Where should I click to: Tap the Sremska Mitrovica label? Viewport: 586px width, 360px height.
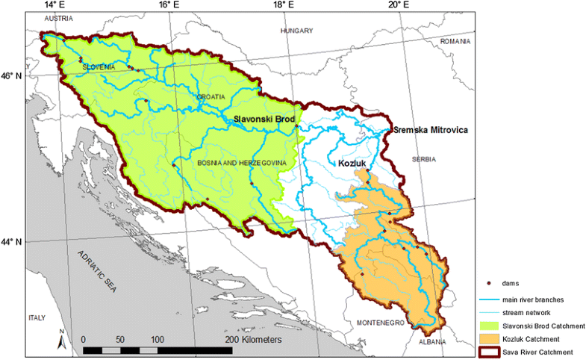click(x=431, y=130)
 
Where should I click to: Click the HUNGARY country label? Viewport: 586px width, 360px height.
click(x=296, y=31)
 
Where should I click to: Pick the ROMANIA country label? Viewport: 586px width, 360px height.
click(x=457, y=42)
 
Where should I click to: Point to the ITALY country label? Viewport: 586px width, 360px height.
click(x=37, y=317)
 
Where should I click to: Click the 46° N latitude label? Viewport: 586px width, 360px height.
click(x=14, y=76)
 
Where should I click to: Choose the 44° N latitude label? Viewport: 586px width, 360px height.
click(x=14, y=242)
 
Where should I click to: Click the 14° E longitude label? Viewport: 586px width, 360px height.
click(x=55, y=5)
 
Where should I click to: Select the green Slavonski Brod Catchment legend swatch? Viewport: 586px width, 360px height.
click(x=489, y=326)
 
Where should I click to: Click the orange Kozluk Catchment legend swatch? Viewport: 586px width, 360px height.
click(x=489, y=339)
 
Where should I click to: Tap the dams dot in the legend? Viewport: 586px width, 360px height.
click(x=489, y=283)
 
